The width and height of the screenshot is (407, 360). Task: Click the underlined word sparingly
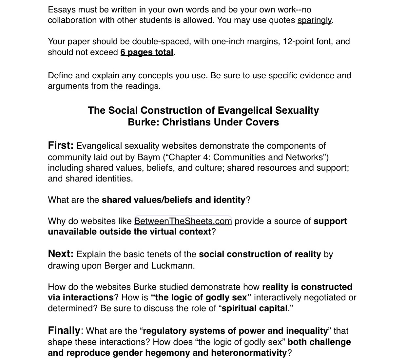click(x=315, y=20)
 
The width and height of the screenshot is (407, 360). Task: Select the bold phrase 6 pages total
click(x=147, y=52)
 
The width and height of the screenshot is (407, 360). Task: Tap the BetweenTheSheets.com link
click(x=183, y=221)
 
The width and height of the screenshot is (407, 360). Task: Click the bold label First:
click(x=61, y=145)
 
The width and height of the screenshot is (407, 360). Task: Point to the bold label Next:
click(x=61, y=254)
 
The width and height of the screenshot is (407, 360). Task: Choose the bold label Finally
click(x=64, y=330)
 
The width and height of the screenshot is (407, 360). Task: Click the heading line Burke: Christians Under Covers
click(x=203, y=122)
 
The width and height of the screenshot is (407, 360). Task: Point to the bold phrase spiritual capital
click(x=255, y=309)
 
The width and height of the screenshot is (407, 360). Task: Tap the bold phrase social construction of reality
click(x=260, y=255)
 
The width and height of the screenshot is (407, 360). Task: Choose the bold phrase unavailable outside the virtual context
click(x=129, y=232)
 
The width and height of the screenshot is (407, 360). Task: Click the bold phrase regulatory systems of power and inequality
click(x=235, y=331)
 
